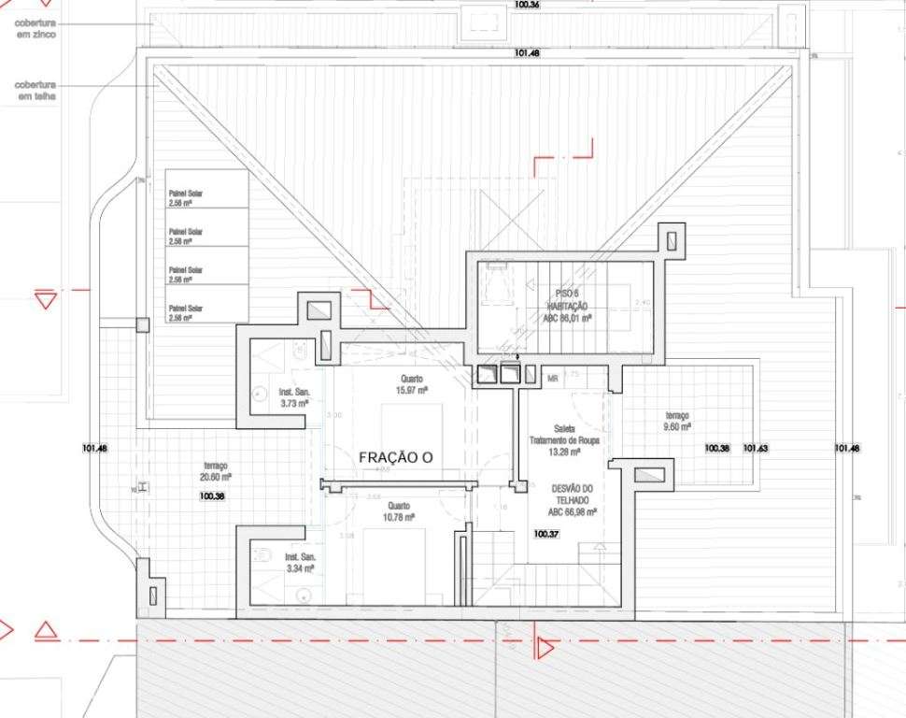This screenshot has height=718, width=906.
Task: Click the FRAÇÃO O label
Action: click(397, 457)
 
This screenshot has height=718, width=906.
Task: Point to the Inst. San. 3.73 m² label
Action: click(296, 399)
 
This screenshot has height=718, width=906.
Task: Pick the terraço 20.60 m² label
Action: click(216, 471)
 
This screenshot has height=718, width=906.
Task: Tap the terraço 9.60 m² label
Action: click(677, 421)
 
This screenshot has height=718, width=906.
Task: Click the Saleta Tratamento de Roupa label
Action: click(563, 439)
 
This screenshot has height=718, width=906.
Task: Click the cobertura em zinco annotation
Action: click(35, 28)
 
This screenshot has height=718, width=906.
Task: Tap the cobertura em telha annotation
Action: click(35, 90)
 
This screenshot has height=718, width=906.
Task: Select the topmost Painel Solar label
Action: click(186, 197)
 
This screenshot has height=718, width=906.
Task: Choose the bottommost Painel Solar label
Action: click(186, 312)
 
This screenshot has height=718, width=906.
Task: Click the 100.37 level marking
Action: click(546, 535)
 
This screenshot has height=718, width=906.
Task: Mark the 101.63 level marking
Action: click(756, 449)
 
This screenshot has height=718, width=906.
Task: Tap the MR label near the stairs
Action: click(553, 379)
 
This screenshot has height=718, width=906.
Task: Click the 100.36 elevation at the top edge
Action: click(527, 5)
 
